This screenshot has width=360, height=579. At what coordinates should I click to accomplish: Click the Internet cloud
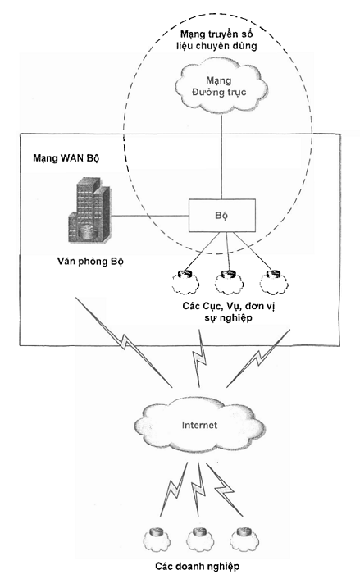[x=199, y=426]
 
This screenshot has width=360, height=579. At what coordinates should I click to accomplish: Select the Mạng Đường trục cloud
[x=221, y=86]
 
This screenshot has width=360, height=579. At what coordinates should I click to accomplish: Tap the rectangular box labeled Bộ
[x=222, y=216]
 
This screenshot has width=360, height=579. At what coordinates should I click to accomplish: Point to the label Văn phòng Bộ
[x=90, y=262]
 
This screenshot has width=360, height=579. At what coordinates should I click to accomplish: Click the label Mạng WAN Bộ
[x=66, y=158]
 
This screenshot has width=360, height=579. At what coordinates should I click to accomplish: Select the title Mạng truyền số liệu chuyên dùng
[x=216, y=40]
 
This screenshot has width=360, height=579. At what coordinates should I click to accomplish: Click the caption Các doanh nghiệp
[x=197, y=566]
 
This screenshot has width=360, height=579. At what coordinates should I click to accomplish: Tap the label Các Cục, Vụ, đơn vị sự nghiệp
[x=228, y=312]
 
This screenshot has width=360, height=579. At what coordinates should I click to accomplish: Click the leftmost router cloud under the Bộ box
[x=185, y=282]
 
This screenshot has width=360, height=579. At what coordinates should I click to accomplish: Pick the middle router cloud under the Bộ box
[x=229, y=282]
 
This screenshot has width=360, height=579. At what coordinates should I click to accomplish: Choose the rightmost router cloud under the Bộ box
[x=274, y=282]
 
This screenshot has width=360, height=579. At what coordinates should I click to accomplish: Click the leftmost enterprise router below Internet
[x=157, y=539]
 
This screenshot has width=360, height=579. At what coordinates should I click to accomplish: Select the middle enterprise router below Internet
[x=200, y=539]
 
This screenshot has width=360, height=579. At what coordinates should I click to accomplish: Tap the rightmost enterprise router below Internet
[x=244, y=539]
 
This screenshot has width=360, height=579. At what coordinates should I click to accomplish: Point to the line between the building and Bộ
[x=149, y=216]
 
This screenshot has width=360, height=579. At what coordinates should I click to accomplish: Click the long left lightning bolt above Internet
[x=124, y=342]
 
